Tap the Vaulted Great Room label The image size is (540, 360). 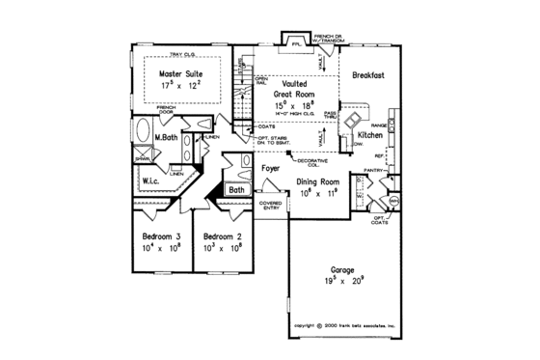click(293, 87)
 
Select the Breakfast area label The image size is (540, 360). click(368, 75)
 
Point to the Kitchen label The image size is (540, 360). click(371, 137)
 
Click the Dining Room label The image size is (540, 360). click(317, 180)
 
